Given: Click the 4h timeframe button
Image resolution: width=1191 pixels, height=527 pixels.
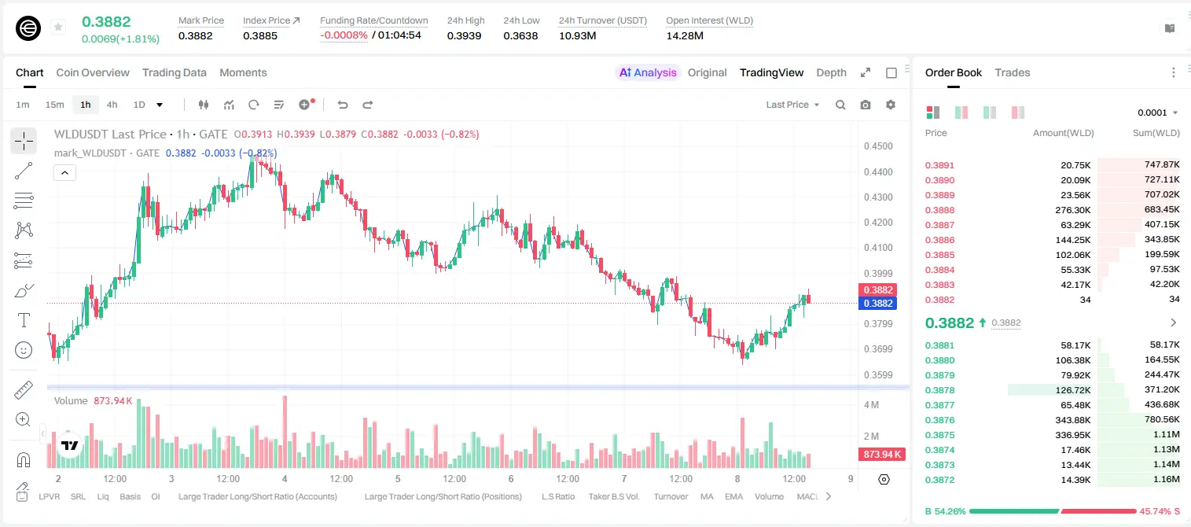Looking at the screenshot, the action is pyautogui.click(x=112, y=105).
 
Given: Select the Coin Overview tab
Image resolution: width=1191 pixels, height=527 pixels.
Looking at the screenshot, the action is pyautogui.click(x=93, y=72).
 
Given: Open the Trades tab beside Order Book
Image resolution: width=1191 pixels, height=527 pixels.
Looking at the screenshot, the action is pyautogui.click(x=1013, y=72).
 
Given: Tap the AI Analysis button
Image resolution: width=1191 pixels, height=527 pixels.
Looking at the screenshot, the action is pyautogui.click(x=648, y=72).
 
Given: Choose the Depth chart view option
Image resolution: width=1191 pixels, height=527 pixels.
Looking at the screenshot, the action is pyautogui.click(x=831, y=72).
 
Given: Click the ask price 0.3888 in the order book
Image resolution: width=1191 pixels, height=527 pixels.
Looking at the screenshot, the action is pyautogui.click(x=939, y=210).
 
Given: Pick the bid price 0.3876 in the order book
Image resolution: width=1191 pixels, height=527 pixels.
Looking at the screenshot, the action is pyautogui.click(x=939, y=420).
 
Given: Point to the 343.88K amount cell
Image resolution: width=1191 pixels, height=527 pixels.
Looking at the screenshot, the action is pyautogui.click(x=1073, y=420).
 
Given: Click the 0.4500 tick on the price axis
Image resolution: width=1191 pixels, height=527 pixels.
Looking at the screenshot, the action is pyautogui.click(x=878, y=146).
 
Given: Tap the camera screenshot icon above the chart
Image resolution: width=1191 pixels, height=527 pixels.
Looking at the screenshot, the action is pyautogui.click(x=866, y=105).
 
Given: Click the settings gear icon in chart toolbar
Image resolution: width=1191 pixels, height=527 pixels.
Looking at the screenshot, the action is pyautogui.click(x=891, y=105).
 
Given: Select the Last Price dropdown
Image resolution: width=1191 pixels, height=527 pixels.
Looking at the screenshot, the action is pyautogui.click(x=792, y=105).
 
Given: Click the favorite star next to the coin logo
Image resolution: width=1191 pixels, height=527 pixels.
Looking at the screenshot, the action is pyautogui.click(x=58, y=27).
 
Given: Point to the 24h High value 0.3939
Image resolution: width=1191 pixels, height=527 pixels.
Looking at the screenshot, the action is pyautogui.click(x=464, y=35).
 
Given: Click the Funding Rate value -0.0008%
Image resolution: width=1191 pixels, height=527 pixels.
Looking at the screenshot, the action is pyautogui.click(x=344, y=35).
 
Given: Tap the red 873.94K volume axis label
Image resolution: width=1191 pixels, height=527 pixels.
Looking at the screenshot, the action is pyautogui.click(x=882, y=454).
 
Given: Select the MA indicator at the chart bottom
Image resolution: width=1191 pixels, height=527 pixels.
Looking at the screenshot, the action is pyautogui.click(x=707, y=496).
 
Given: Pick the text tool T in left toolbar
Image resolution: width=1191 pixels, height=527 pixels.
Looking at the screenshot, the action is pyautogui.click(x=24, y=320).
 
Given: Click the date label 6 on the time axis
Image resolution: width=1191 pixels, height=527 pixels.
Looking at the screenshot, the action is pyautogui.click(x=511, y=478).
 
